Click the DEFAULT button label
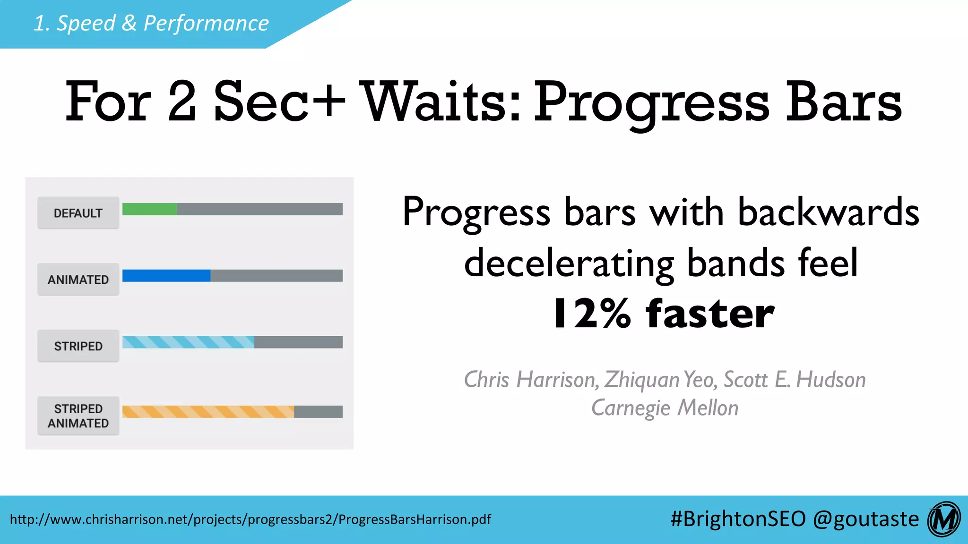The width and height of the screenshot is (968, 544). pyautogui.click(x=78, y=213)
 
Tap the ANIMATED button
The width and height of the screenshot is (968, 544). pyautogui.click(x=78, y=280)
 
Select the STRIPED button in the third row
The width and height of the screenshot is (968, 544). pyautogui.click(x=78, y=346)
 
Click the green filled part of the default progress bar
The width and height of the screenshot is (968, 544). pyautogui.click(x=149, y=209)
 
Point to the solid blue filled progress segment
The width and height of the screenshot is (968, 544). pyautogui.click(x=166, y=276)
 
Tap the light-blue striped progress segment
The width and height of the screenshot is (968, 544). pyautogui.click(x=188, y=342)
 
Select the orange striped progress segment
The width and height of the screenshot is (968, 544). pyautogui.click(x=208, y=412)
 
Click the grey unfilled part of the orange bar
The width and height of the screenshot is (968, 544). pyautogui.click(x=318, y=412)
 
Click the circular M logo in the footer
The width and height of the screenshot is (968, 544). pyautogui.click(x=944, y=519)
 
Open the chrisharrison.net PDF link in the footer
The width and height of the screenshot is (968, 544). pyautogui.click(x=251, y=519)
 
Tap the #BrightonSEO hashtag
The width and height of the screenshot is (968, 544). pyautogui.click(x=738, y=519)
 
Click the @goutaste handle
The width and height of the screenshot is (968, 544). pyautogui.click(x=866, y=519)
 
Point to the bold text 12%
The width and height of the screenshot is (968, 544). pyautogui.click(x=591, y=314)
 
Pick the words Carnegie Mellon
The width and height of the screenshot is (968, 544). pyautogui.click(x=665, y=408)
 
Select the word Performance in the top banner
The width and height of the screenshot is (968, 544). pyautogui.click(x=206, y=23)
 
